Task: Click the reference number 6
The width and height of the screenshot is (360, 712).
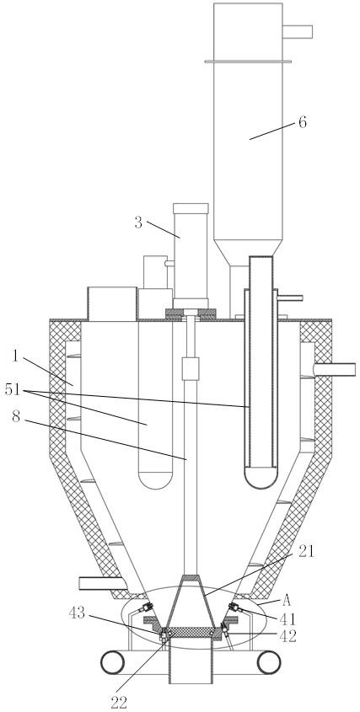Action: [x=303, y=123]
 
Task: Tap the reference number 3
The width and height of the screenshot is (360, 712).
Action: [x=138, y=222]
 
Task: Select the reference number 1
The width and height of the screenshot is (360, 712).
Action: [x=16, y=356]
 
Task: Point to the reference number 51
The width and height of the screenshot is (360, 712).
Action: [x=13, y=389]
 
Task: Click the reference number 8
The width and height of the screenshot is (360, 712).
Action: [x=16, y=417]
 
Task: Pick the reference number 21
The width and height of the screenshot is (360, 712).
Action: [x=306, y=551]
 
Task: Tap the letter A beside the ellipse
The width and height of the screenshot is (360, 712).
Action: [x=287, y=601]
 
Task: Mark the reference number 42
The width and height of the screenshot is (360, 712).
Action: [x=287, y=636]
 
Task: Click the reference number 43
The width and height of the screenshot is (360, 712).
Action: [x=77, y=613]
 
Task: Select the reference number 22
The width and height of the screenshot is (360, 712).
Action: [x=119, y=703]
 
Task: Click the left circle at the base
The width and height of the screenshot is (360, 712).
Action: [x=112, y=662]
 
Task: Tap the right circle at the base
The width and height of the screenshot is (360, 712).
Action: [x=269, y=662]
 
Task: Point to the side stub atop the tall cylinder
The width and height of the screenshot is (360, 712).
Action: [x=298, y=32]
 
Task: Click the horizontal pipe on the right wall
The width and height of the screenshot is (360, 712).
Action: [x=335, y=369]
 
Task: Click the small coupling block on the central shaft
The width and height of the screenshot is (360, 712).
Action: [x=191, y=368]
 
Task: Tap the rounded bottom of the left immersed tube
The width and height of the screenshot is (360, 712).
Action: [x=155, y=479]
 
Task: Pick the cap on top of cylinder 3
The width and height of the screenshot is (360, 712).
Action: [x=191, y=208]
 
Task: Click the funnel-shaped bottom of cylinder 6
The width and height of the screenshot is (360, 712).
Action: [x=248, y=253]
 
